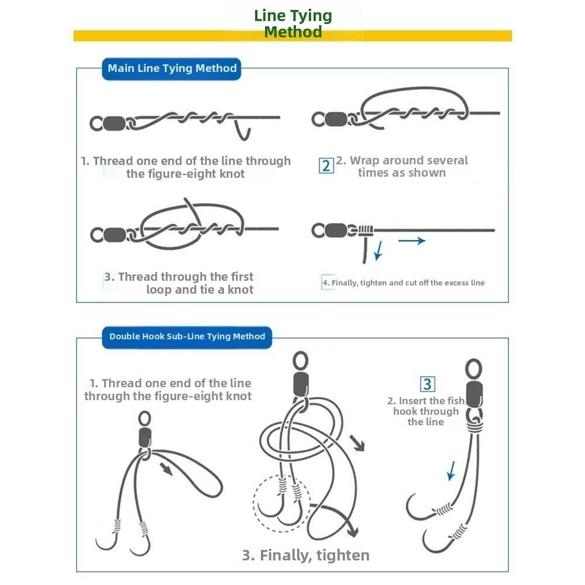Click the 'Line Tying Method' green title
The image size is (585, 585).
(293, 23)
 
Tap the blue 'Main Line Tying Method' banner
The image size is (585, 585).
(171, 68)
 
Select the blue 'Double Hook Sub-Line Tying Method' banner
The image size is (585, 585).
(187, 338)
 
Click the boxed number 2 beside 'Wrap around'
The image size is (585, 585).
(326, 166)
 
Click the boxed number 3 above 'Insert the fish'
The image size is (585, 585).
(428, 384)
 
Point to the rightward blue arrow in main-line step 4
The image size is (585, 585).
(412, 240)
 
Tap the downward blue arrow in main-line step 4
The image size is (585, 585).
(378, 250)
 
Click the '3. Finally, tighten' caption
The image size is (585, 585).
(305, 555)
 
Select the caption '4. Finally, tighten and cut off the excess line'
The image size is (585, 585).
(404, 283)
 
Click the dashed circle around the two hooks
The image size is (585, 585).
(254, 502)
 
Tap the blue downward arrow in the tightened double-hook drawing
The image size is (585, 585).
(452, 471)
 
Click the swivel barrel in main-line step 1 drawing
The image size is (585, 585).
(115, 123)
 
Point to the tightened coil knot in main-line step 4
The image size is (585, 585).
(366, 230)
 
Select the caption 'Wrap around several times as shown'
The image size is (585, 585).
(402, 166)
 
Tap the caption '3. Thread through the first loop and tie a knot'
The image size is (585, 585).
(178, 283)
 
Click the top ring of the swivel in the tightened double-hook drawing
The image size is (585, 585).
(474, 369)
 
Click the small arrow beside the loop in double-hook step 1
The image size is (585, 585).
(166, 469)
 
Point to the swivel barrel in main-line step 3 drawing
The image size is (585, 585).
(115, 235)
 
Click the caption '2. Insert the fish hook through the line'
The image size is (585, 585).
(426, 411)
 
